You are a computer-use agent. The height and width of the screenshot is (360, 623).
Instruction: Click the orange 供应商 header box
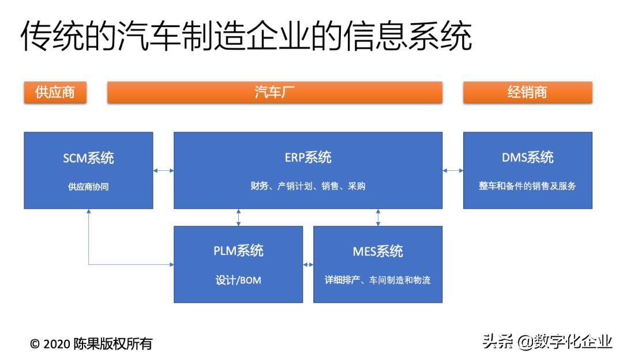pyautogui.click(x=55, y=92)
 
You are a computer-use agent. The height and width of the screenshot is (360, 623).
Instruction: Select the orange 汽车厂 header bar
pyautogui.click(x=275, y=92)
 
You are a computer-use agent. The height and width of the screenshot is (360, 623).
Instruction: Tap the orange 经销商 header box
pyautogui.click(x=527, y=92)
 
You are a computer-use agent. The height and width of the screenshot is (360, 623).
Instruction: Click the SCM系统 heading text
pyautogui.click(x=88, y=157)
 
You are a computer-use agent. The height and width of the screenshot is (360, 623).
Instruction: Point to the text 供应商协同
pyautogui.click(x=88, y=186)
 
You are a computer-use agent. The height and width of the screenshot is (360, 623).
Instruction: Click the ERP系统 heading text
pyautogui.click(x=308, y=157)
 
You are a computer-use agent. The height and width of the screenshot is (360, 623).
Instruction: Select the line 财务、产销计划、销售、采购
pyautogui.click(x=308, y=186)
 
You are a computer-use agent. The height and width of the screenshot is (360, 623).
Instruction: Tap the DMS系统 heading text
pyautogui.click(x=527, y=157)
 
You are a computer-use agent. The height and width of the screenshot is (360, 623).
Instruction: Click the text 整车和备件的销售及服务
pyautogui.click(x=527, y=186)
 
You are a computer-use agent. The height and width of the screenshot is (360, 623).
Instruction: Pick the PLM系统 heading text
pyautogui.click(x=238, y=251)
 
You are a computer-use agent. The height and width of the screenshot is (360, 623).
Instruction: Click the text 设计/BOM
pyautogui.click(x=238, y=280)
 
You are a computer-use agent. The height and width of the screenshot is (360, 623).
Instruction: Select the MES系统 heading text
pyautogui.click(x=378, y=251)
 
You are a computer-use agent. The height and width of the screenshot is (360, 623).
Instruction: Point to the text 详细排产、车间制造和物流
pyautogui.click(x=378, y=280)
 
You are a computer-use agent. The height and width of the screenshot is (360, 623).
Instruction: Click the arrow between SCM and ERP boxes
pyautogui.click(x=163, y=170)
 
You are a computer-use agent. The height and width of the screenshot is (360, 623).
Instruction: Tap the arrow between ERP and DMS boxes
pyautogui.click(x=453, y=170)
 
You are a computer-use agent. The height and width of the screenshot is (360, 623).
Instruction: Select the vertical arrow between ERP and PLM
pyautogui.click(x=238, y=217)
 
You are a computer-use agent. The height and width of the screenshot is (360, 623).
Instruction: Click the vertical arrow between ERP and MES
pyautogui.click(x=378, y=217)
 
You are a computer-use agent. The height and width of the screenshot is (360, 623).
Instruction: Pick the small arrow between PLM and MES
pyautogui.click(x=308, y=265)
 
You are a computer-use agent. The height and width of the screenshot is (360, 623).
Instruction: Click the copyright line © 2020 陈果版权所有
pyautogui.click(x=91, y=344)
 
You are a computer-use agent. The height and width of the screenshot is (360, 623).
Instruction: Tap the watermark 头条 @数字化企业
pyautogui.click(x=547, y=342)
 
